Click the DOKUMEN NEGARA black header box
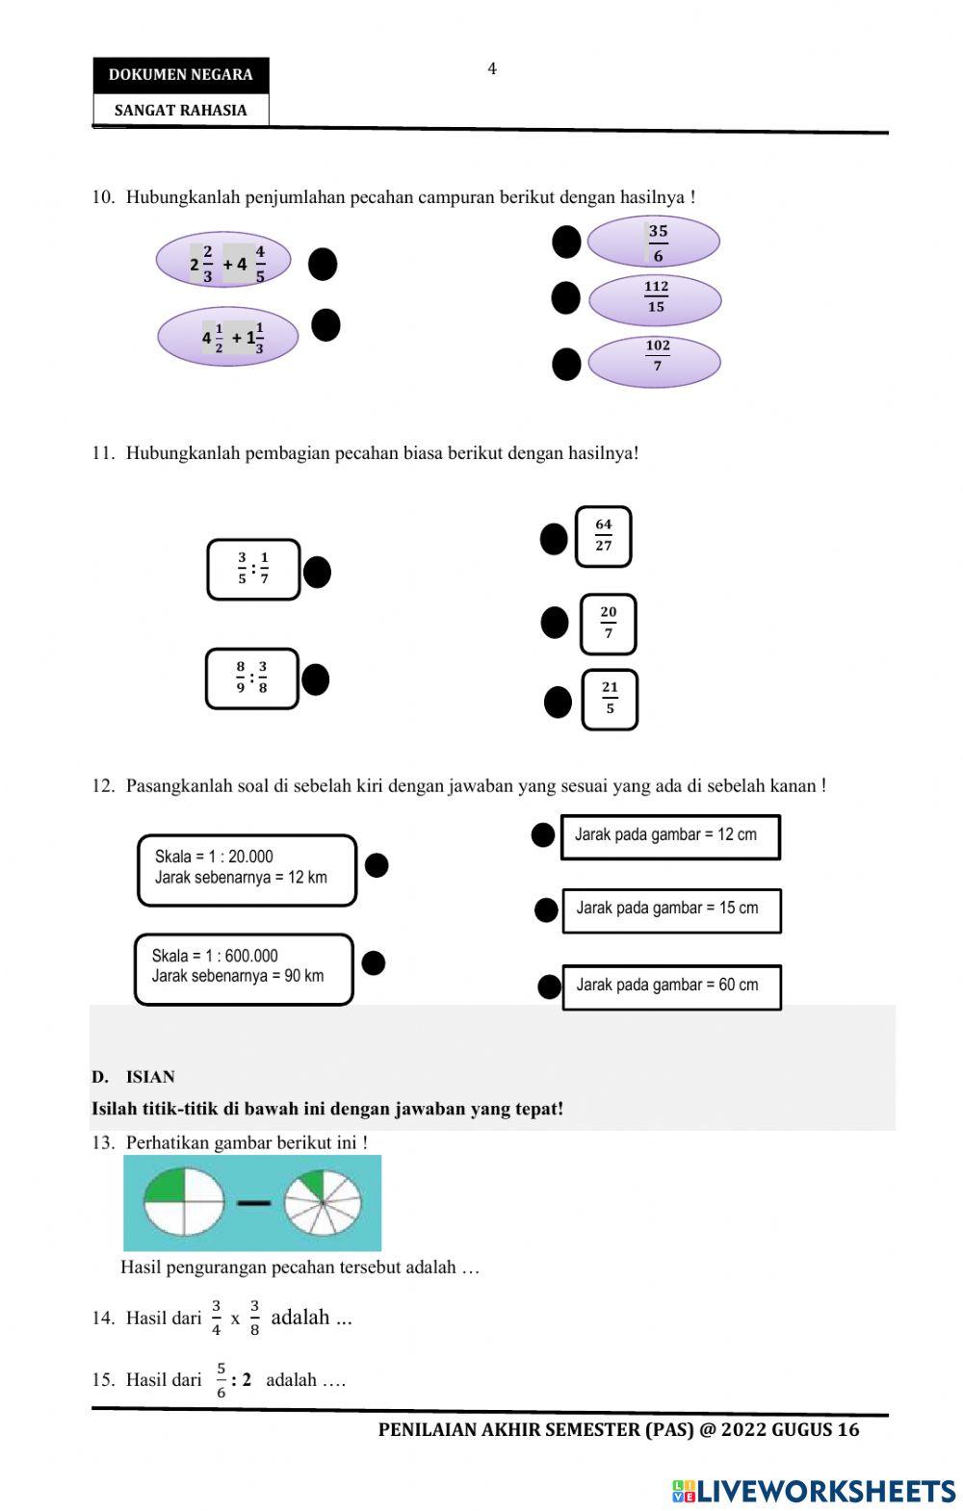(x=180, y=75)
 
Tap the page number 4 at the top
(x=492, y=69)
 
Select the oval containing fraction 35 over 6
(x=655, y=243)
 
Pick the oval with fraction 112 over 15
(x=655, y=299)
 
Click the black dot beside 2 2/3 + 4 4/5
(x=323, y=264)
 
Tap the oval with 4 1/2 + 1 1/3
(x=228, y=338)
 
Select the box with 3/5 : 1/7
(x=253, y=570)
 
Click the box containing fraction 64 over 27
(x=604, y=536)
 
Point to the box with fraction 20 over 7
(x=609, y=624)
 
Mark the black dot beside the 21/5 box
(x=559, y=703)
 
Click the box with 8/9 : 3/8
(x=252, y=679)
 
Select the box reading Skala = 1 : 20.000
(x=247, y=869)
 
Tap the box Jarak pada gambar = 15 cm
(x=671, y=909)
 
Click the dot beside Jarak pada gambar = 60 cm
(x=549, y=986)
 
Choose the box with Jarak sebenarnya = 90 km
(x=244, y=969)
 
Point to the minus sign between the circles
(x=254, y=1203)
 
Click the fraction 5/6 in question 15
(x=221, y=1380)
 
